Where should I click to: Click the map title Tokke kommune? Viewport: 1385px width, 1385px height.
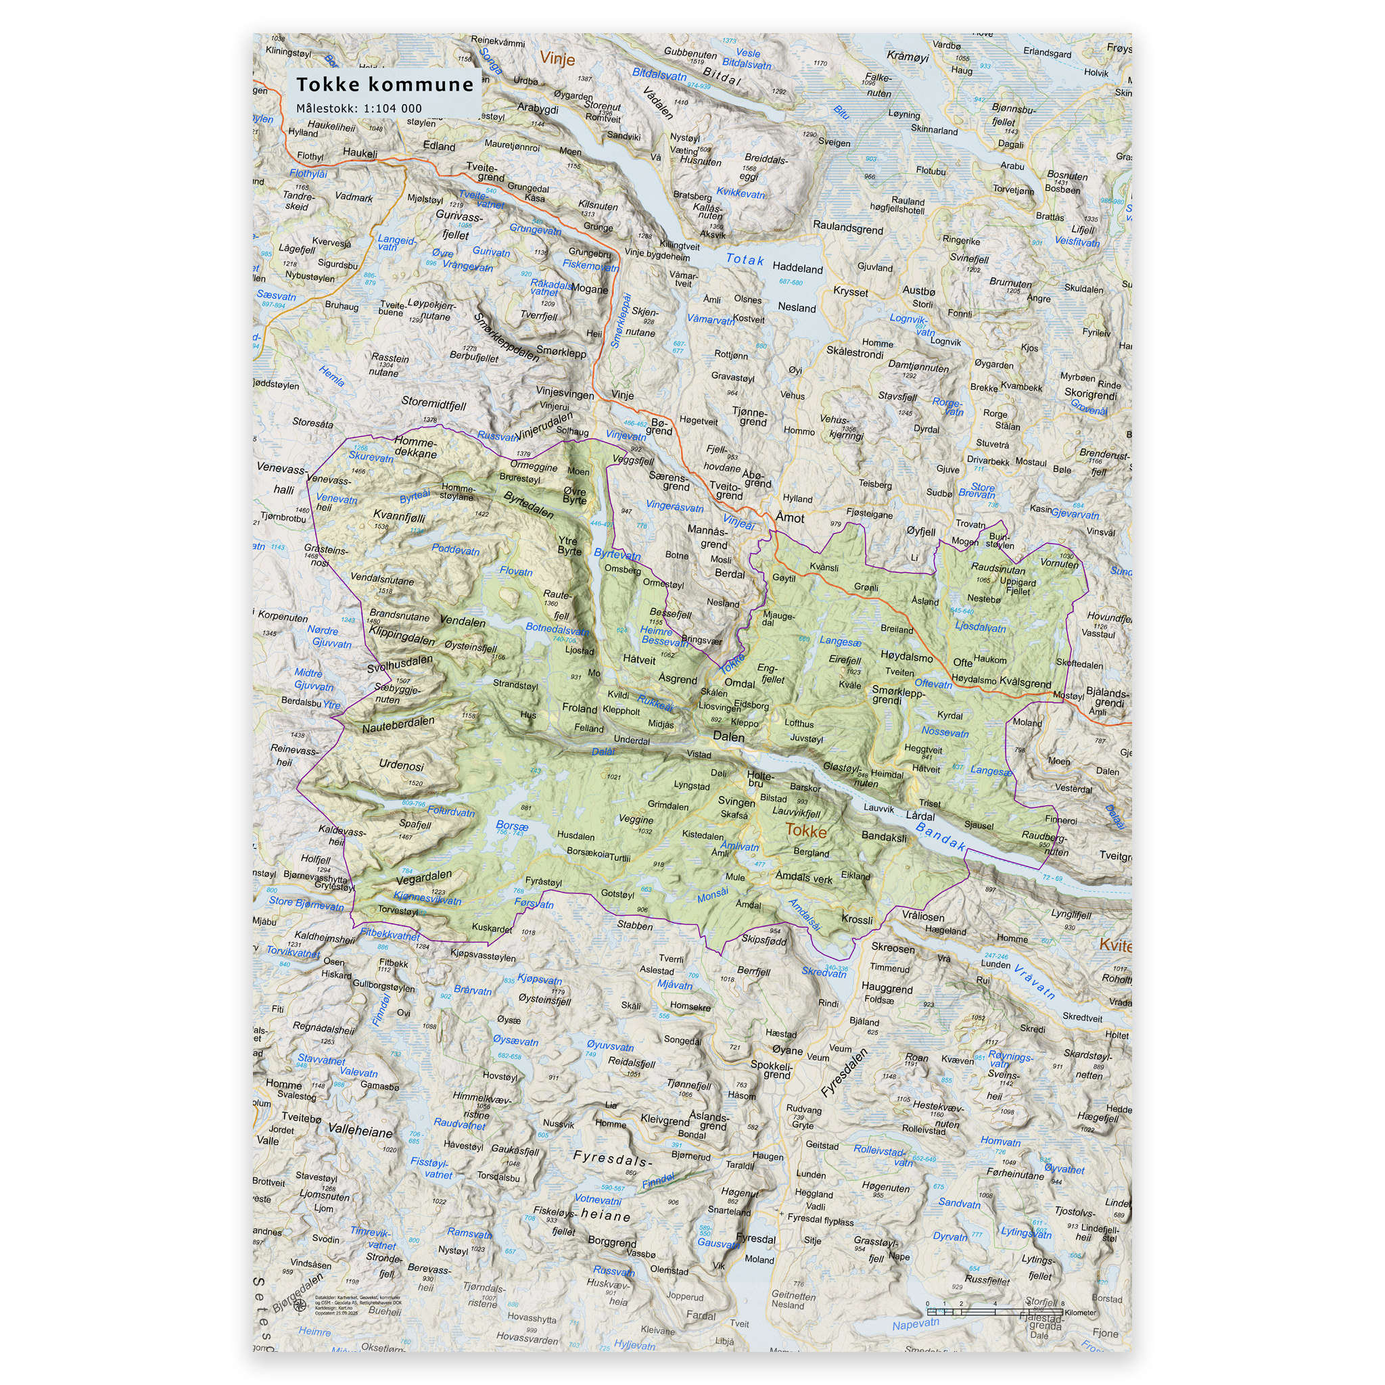tap(385, 85)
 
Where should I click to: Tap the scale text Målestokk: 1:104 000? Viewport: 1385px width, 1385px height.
tap(359, 109)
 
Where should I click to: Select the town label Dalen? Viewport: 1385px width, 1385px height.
tap(728, 736)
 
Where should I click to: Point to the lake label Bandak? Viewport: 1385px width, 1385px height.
tap(941, 837)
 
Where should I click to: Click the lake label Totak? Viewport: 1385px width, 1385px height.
tap(745, 260)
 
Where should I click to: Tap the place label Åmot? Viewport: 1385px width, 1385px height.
tap(790, 517)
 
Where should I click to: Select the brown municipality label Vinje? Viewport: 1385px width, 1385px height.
tap(557, 59)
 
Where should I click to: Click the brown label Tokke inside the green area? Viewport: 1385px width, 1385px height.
tap(805, 831)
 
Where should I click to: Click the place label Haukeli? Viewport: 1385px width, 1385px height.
tap(360, 153)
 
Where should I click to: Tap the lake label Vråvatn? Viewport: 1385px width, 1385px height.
tap(1035, 982)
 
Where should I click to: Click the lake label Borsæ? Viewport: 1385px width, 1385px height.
tap(512, 826)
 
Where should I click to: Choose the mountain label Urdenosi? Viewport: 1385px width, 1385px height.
tap(402, 765)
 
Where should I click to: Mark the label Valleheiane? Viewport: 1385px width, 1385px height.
tap(360, 1132)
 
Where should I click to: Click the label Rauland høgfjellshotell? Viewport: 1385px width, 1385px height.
tap(897, 205)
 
